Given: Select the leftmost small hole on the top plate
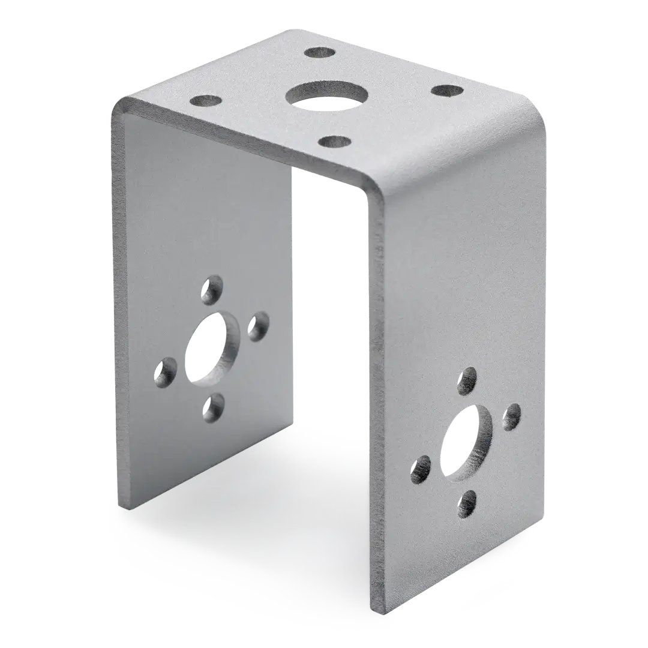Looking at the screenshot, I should coord(206,100).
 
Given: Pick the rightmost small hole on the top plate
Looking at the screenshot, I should coord(447,91).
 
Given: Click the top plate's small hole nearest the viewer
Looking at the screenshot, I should coord(334,143).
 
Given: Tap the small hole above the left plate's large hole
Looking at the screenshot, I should coord(211,290).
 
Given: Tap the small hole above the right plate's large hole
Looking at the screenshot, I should coord(467,381).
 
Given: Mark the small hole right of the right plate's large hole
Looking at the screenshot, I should coord(511,416).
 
